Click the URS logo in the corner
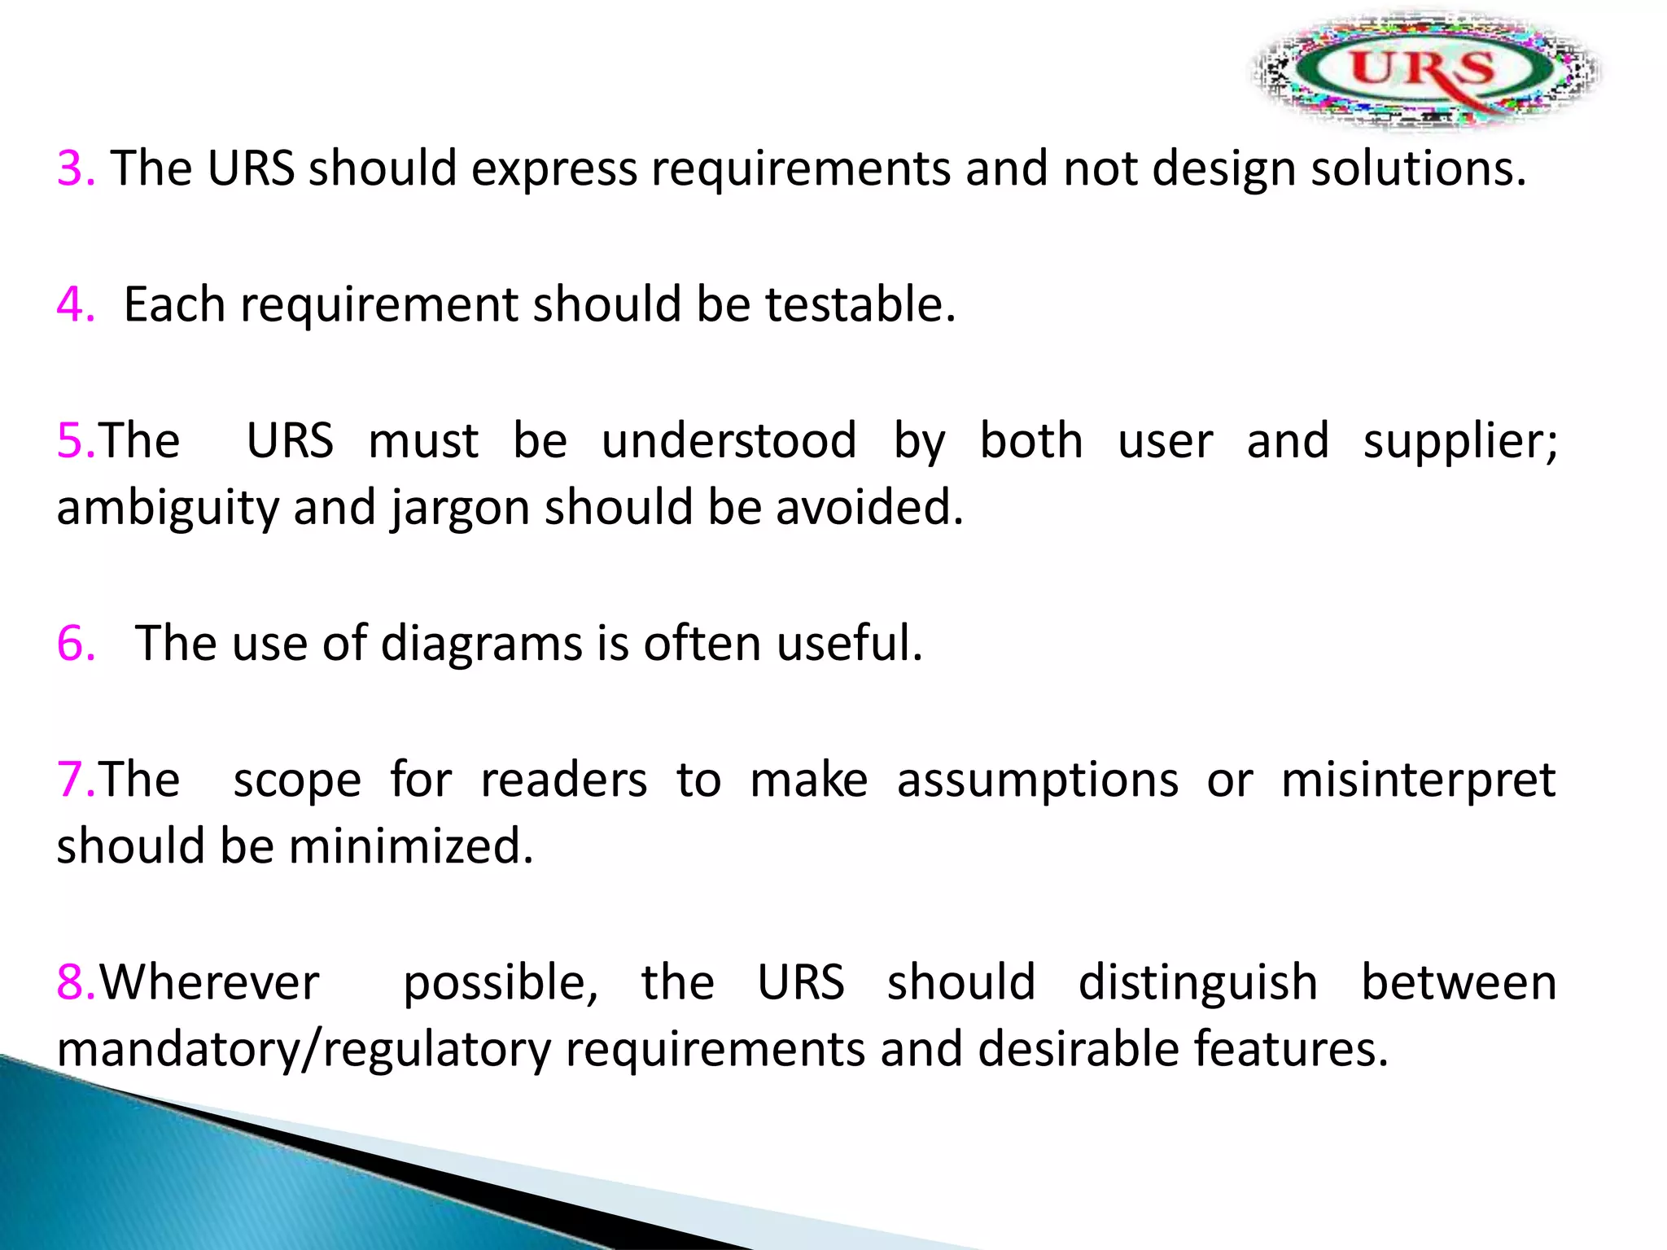click(x=1424, y=70)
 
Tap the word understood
click(x=728, y=440)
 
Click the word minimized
click(x=410, y=846)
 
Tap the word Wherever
click(x=209, y=981)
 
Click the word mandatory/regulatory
click(x=304, y=1050)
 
